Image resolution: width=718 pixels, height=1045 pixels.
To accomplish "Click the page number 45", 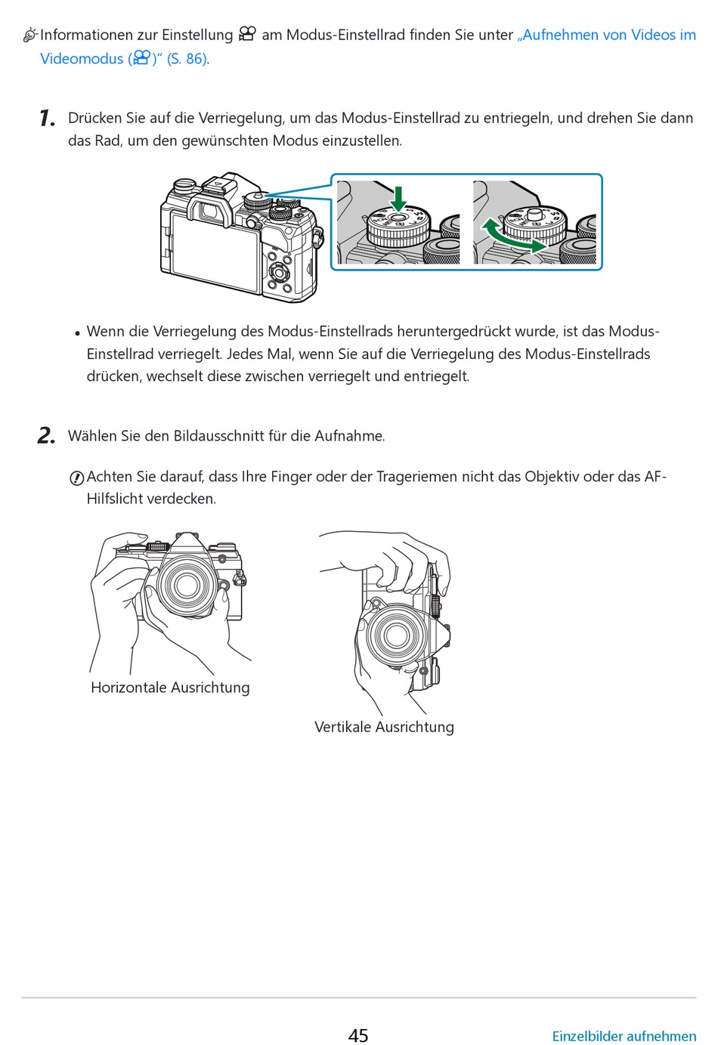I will pyautogui.click(x=358, y=1035).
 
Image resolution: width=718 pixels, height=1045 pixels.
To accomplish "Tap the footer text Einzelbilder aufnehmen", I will pyautogui.click(x=624, y=1036).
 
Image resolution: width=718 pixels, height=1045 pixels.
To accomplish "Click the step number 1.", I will pyautogui.click(x=47, y=119).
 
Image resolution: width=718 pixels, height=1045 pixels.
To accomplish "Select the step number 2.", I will pyautogui.click(x=46, y=436).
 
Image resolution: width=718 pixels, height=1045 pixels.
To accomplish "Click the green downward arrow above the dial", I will pyautogui.click(x=398, y=198).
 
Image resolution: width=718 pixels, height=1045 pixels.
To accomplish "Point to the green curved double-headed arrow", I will pyautogui.click(x=514, y=235).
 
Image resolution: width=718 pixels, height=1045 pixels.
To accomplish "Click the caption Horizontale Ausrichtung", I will pyautogui.click(x=170, y=688).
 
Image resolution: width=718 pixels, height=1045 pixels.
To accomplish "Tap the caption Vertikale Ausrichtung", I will pyautogui.click(x=384, y=727).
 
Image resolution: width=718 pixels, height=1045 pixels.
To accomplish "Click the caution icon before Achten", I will pyautogui.click(x=76, y=478).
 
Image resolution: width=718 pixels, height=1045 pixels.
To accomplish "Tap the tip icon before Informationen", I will pyautogui.click(x=30, y=35).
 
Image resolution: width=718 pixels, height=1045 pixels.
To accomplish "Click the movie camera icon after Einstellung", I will pyautogui.click(x=247, y=34).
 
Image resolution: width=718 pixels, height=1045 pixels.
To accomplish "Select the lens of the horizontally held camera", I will pyautogui.click(x=184, y=583).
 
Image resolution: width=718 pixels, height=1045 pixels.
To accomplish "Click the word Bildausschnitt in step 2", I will pyautogui.click(x=218, y=436).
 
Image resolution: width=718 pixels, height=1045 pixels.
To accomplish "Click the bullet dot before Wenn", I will pyautogui.click(x=77, y=333).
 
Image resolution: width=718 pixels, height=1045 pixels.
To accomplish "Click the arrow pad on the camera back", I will pyautogui.click(x=278, y=272).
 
